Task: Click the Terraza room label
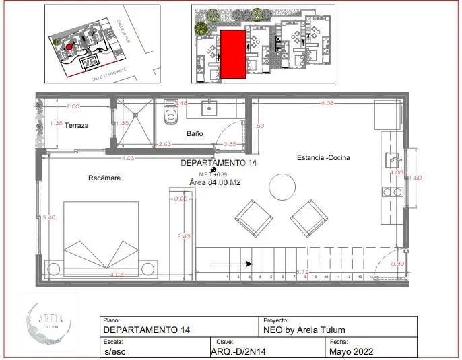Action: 77,126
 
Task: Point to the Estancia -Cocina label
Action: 323,158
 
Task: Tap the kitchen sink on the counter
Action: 393,161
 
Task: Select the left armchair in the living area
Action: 254,219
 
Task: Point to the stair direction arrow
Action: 232,264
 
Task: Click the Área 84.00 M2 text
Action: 215,182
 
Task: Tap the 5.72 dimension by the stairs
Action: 302,272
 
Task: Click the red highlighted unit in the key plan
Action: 232,54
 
